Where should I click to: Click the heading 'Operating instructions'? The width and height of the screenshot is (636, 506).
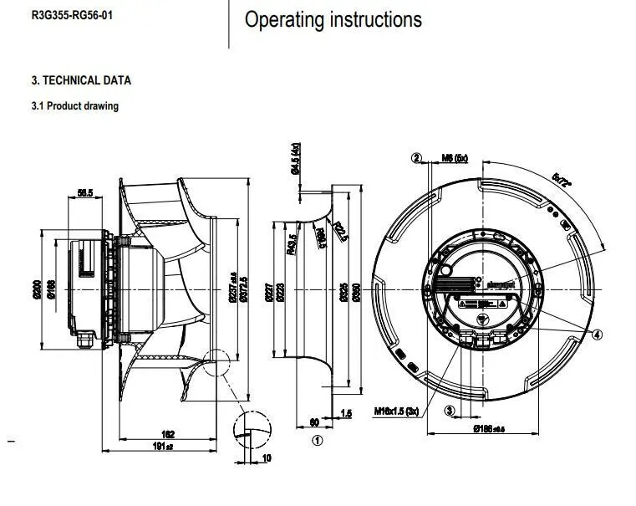coord(333,20)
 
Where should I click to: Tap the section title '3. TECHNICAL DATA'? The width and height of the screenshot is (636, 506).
coord(81,80)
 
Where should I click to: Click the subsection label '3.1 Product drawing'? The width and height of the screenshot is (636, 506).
coord(74,106)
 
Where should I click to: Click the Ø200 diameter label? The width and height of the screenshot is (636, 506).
coord(36,289)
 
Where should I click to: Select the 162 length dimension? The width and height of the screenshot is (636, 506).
coord(168,433)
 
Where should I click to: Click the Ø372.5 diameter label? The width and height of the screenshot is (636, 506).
coord(244,289)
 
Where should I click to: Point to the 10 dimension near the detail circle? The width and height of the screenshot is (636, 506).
coord(267,457)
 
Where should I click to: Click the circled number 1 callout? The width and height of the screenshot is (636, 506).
coord(317,439)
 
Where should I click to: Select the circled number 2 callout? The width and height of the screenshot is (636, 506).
coord(416,157)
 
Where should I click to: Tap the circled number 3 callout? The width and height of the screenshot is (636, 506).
coord(449,411)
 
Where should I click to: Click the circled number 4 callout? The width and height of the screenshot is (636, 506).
coord(597,334)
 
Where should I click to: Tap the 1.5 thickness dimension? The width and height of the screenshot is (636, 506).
coord(347,413)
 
